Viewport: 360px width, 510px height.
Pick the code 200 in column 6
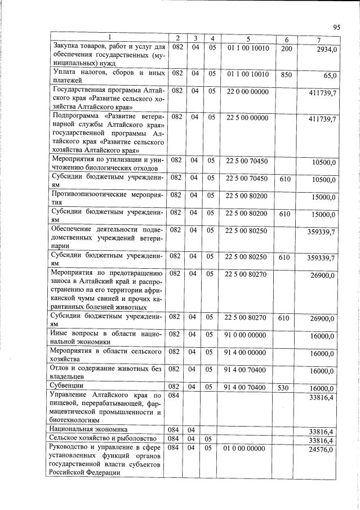(x=286, y=48)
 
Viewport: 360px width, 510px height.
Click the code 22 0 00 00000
(x=247, y=91)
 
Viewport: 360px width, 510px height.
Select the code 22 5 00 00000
(x=247, y=117)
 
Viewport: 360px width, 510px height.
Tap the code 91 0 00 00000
(x=247, y=334)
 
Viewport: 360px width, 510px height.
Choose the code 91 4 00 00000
(x=247, y=352)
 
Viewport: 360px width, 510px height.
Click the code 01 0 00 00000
(x=247, y=449)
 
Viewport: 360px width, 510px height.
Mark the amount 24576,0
(x=323, y=451)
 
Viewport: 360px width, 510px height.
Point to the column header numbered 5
(x=247, y=38)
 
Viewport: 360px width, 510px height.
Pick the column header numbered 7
(x=320, y=38)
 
